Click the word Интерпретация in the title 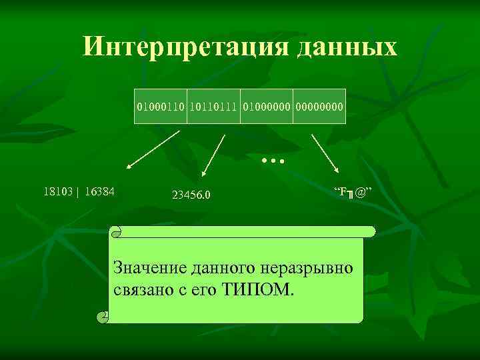tap(173, 47)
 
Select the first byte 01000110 tap(161, 107)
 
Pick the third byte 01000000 tap(267, 107)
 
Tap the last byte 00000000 tap(319, 107)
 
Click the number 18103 tap(58, 191)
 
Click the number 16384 tap(99, 191)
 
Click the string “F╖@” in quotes tap(353, 193)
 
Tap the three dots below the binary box tap(273, 161)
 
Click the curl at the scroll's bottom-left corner tap(102, 317)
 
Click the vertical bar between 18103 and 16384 tap(79, 191)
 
